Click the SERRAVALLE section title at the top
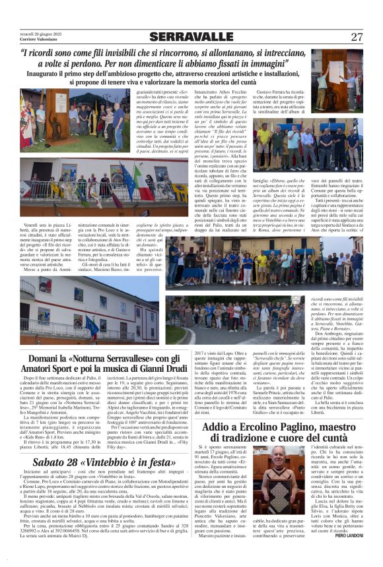pyautogui.click(x=191, y=37)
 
